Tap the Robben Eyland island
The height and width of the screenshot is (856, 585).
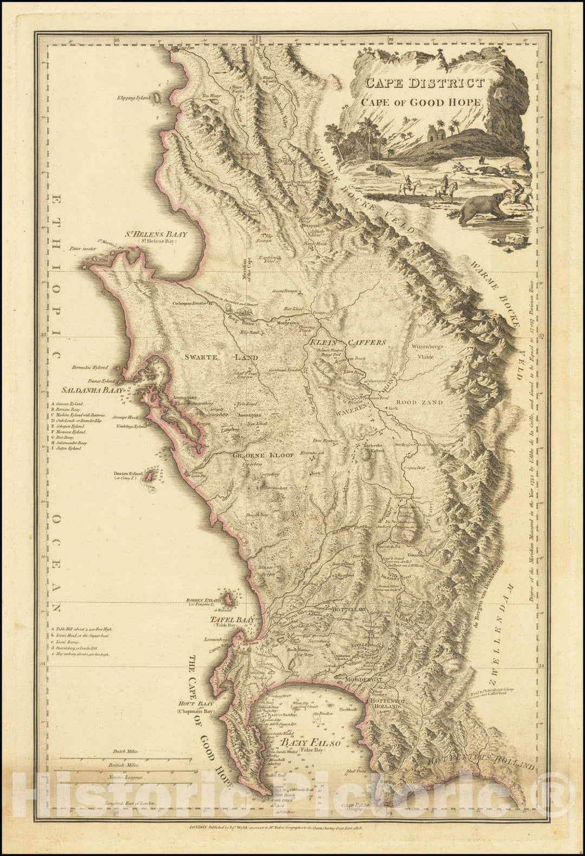click(x=230, y=601)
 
